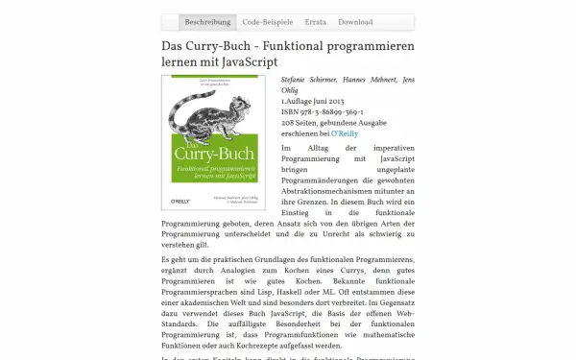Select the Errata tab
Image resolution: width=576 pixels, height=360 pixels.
[x=316, y=21]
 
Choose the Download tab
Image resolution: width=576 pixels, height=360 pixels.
[x=355, y=21]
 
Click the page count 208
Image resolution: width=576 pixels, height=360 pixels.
[x=290, y=123]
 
